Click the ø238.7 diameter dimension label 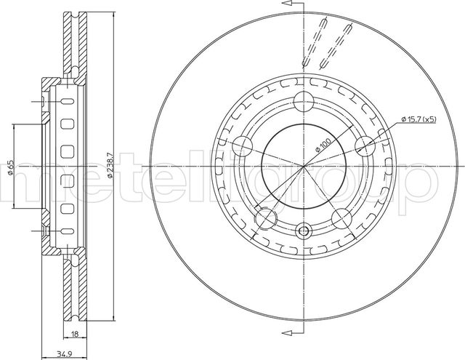pos(110,166)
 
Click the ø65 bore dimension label pos(10,167)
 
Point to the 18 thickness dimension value pos(75,335)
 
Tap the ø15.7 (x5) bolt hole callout pos(418,119)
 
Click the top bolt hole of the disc pos(304,101)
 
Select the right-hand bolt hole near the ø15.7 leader pos(365,146)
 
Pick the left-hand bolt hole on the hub pos(242,146)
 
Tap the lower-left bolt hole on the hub pos(266,218)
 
